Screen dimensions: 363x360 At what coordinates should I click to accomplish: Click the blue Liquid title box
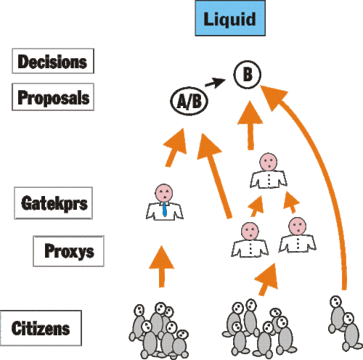pyautogui.click(x=230, y=18)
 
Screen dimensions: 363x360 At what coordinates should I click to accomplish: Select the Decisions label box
pyautogui.click(x=53, y=61)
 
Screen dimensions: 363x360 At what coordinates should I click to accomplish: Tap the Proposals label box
pyautogui.click(x=53, y=97)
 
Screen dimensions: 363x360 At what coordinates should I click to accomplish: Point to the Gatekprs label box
pyautogui.click(x=54, y=203)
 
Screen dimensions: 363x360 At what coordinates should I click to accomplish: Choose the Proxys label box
pyautogui.click(x=69, y=251)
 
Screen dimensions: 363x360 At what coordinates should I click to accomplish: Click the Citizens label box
pyautogui.click(x=41, y=328)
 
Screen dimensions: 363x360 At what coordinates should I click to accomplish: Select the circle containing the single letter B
pyautogui.click(x=248, y=74)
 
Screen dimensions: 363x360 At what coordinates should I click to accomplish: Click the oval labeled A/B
pyautogui.click(x=189, y=101)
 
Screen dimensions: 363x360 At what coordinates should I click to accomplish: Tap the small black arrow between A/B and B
pyautogui.click(x=215, y=83)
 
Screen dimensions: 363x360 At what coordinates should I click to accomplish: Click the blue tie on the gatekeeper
pyautogui.click(x=165, y=210)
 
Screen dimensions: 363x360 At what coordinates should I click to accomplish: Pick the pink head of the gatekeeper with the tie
pyautogui.click(x=164, y=193)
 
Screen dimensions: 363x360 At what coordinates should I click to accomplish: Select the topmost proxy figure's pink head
pyautogui.click(x=269, y=162)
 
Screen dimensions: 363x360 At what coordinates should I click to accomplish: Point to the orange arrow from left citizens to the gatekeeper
pyautogui.click(x=162, y=266)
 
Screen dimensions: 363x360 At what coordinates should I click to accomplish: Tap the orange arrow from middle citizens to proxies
pyautogui.click(x=266, y=279)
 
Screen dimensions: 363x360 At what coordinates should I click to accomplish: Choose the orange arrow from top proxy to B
pyautogui.click(x=250, y=126)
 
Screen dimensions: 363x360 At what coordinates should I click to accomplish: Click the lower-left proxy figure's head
pyautogui.click(x=250, y=231)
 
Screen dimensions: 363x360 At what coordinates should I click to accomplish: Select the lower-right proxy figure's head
pyautogui.click(x=298, y=226)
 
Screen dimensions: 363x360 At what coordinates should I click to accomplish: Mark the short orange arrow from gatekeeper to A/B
pyautogui.click(x=176, y=147)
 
